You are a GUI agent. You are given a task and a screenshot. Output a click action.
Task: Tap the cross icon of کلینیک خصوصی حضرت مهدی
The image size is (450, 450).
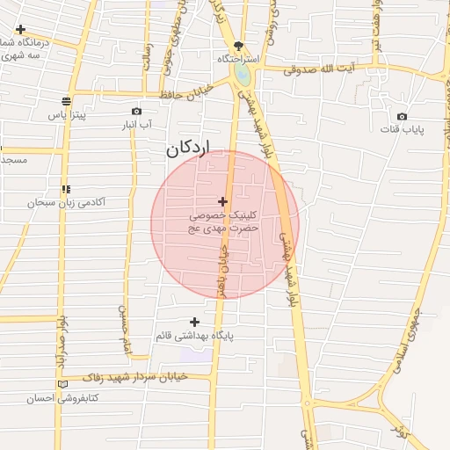(222, 202)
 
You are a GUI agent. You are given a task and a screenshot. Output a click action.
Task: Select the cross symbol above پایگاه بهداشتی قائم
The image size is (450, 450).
(194, 322)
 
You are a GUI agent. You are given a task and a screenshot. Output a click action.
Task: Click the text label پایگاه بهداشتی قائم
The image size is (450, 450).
(193, 337)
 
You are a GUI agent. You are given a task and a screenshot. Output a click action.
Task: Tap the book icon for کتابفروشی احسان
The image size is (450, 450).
(61, 384)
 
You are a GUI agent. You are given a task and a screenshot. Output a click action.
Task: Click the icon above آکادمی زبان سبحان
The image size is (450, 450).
(66, 189)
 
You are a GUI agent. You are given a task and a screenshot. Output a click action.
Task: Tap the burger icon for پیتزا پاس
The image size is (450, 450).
(67, 101)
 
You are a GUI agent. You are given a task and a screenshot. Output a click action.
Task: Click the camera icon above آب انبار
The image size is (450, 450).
(136, 111)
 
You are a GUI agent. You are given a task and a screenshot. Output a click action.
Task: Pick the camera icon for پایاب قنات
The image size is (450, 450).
(402, 116)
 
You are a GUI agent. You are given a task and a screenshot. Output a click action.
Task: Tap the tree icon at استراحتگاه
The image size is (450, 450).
(238, 46)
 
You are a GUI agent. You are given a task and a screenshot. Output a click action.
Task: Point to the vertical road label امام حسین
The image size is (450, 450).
(125, 323)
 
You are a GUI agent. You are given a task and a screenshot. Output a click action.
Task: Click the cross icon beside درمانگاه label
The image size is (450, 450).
(20, 29)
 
